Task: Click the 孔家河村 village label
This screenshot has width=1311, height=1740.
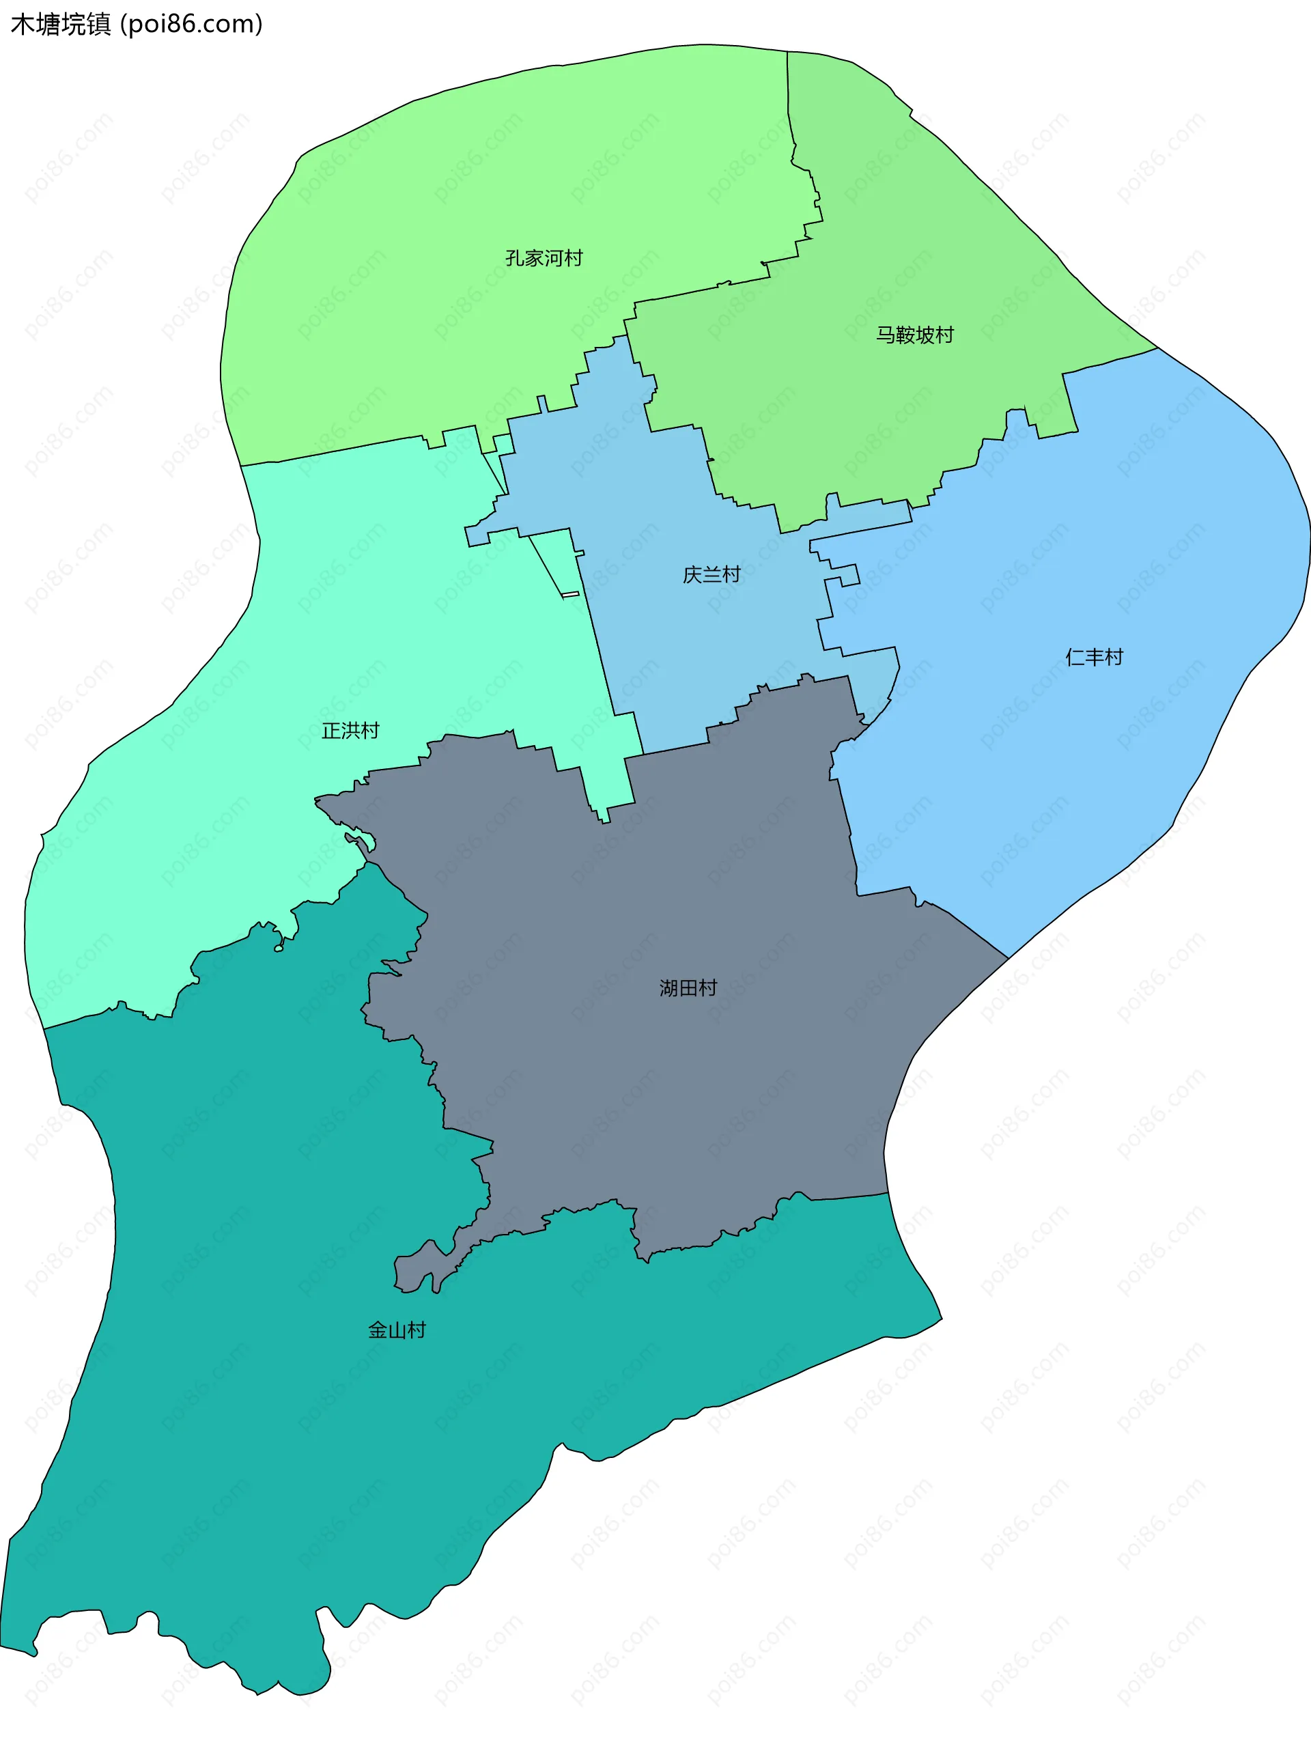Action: tap(544, 258)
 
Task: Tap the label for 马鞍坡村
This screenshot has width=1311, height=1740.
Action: tap(915, 335)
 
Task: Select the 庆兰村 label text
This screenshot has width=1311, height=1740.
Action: tap(711, 575)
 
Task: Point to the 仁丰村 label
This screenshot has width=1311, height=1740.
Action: tap(1094, 657)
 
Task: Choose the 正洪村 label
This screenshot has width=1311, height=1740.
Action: tap(350, 731)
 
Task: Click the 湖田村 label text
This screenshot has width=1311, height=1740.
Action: tap(688, 988)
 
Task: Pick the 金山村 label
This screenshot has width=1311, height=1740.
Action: tap(396, 1330)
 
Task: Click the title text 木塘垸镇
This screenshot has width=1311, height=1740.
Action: tap(61, 25)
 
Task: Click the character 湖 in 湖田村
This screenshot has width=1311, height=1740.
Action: tap(668, 988)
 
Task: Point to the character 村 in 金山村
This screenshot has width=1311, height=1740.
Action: tap(417, 1330)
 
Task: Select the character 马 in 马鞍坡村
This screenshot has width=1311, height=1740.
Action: tap(886, 335)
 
